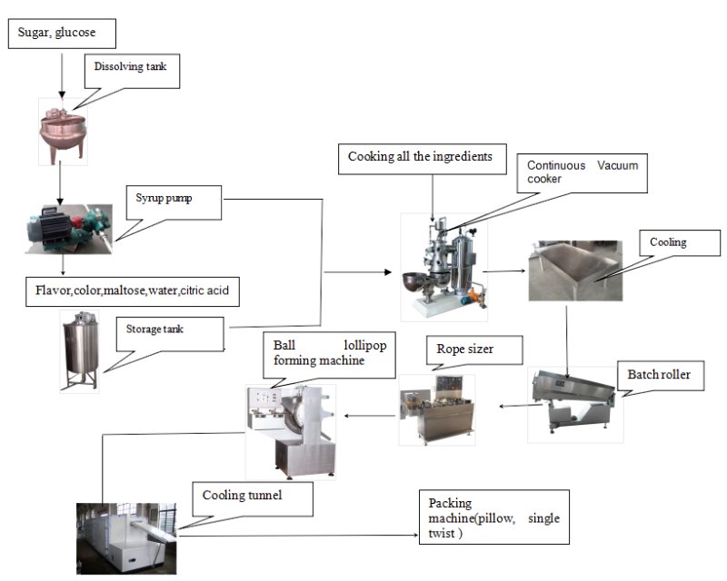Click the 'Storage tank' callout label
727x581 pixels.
point(169,331)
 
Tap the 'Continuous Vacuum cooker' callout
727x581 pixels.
point(583,172)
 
